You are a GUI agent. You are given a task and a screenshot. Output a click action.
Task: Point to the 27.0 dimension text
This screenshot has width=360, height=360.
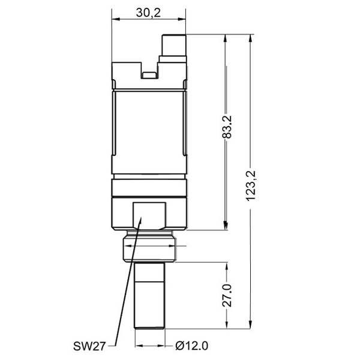click(x=227, y=296)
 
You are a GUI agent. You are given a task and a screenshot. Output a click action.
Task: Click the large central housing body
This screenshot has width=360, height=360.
click(x=149, y=129)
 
